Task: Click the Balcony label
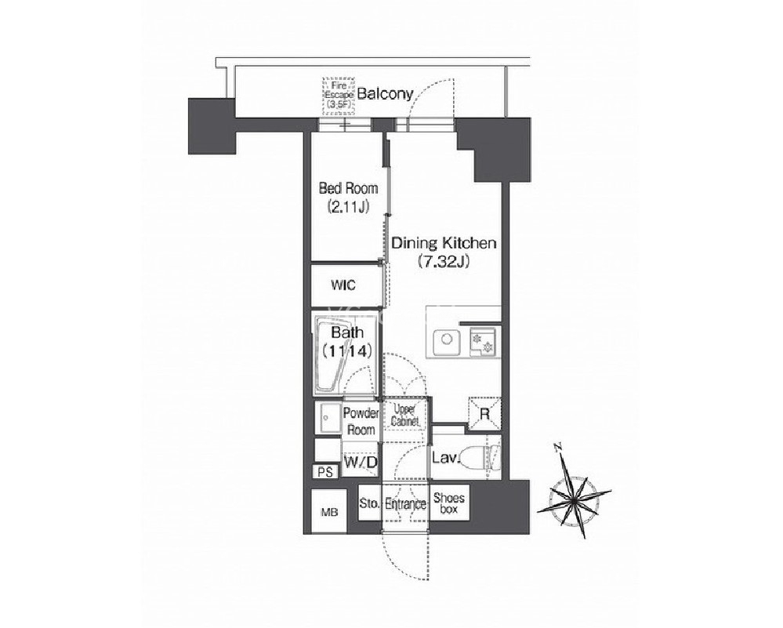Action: point(386,94)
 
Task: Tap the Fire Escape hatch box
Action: point(339,95)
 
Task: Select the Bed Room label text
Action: point(348,188)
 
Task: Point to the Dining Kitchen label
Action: point(443,243)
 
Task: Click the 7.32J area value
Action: point(444,262)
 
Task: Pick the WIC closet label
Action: point(343,285)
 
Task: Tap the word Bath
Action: point(348,332)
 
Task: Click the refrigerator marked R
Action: point(484,413)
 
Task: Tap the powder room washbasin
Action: point(328,418)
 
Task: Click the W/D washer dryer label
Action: point(360,463)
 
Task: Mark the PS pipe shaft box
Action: point(325,472)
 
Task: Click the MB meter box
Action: point(329,512)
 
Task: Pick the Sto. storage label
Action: point(369,503)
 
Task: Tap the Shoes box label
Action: point(449,503)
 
